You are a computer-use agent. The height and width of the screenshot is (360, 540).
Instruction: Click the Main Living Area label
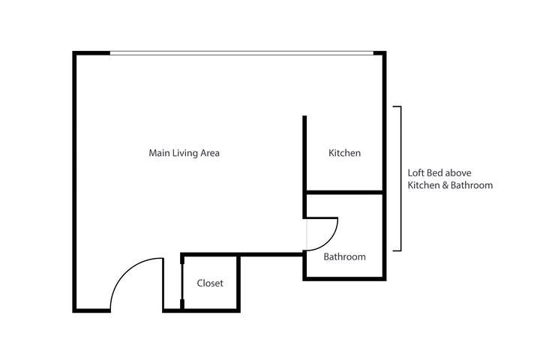click(x=184, y=153)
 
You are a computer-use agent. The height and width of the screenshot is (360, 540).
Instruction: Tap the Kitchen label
click(x=345, y=153)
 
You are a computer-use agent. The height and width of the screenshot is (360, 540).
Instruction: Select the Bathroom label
click(x=344, y=256)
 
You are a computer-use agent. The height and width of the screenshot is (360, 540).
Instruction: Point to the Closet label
click(x=210, y=283)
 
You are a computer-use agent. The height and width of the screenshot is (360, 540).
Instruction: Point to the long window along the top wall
click(x=240, y=53)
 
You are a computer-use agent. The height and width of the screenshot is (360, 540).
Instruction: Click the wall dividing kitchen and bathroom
click(x=344, y=193)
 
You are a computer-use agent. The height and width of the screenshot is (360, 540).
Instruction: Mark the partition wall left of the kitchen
click(x=304, y=154)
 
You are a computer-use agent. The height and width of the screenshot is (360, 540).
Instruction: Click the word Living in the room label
click(x=184, y=153)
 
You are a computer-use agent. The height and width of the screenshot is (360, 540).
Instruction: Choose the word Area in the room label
click(x=209, y=153)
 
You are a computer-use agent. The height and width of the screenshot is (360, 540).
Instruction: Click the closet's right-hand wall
click(x=239, y=281)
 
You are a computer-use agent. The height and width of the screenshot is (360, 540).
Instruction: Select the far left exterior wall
click(x=74, y=180)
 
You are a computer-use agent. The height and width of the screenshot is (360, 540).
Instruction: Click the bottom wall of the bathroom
click(x=344, y=279)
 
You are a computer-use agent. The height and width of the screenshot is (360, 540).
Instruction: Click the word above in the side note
click(x=459, y=172)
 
